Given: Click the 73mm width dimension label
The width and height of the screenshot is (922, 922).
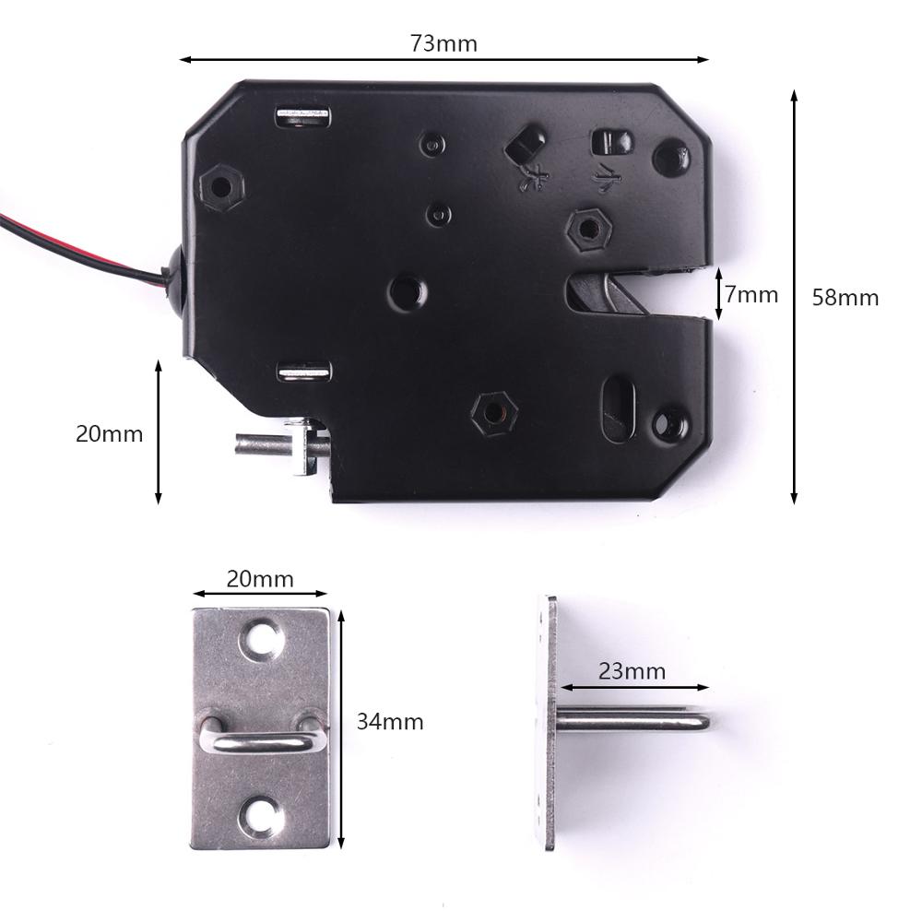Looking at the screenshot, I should (443, 43).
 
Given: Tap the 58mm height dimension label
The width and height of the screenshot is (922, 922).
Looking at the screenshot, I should (845, 298).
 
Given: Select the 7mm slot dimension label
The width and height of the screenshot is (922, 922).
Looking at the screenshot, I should (751, 295).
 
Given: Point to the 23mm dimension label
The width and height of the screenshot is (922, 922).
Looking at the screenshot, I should (632, 671).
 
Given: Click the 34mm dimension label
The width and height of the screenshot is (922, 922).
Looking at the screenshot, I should (390, 721).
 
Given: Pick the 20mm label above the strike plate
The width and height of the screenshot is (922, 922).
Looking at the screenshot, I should (260, 579).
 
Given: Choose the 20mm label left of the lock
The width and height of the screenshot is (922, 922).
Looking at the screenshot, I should (109, 433).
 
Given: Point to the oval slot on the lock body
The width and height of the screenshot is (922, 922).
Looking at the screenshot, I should (619, 402).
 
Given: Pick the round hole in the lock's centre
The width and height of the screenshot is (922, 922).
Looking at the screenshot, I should (407, 292).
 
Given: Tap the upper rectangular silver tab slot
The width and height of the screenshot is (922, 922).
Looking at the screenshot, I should (303, 115).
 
